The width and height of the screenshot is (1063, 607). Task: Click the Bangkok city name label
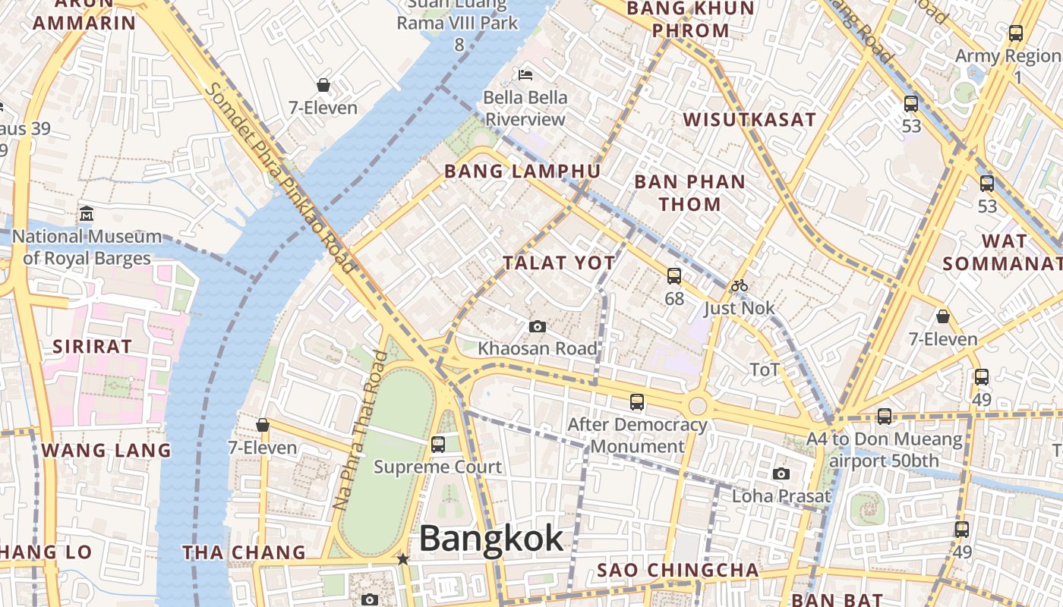point(491,539)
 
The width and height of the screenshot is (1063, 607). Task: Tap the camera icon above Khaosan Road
point(537,326)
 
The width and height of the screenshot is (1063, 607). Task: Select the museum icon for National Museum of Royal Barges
point(86,213)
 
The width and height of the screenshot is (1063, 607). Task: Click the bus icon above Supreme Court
point(438,445)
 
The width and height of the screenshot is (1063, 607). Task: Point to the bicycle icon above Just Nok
point(739,286)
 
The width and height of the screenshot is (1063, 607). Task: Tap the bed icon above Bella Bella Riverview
point(525,74)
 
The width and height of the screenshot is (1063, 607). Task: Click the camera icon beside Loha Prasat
point(781,474)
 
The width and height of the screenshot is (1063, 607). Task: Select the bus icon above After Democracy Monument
point(637,402)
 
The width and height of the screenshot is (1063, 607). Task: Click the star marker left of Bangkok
point(402,559)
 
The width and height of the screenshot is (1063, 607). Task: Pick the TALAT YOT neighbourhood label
point(559,263)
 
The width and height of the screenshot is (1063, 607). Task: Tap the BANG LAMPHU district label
point(522,171)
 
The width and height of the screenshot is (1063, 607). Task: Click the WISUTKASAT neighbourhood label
point(749,119)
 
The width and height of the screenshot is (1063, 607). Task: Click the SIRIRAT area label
point(92,347)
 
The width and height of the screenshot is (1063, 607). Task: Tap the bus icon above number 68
point(674,276)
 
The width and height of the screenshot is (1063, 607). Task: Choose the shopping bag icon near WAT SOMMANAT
point(942,316)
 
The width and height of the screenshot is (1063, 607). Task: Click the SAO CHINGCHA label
point(678,570)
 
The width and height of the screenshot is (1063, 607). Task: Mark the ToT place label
point(765,370)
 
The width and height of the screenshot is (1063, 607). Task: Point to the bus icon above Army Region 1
point(1016,33)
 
